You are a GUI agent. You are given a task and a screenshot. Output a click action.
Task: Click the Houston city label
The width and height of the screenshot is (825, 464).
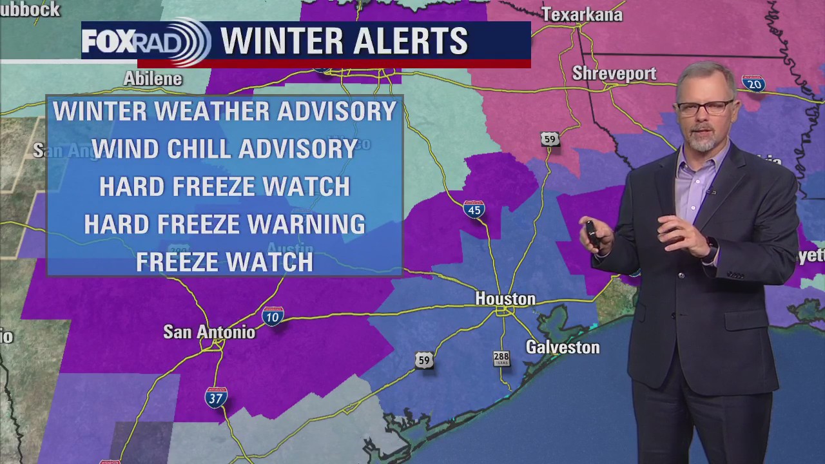pos(505,299)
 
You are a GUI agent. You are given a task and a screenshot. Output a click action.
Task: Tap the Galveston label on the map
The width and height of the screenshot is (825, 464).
pos(563,347)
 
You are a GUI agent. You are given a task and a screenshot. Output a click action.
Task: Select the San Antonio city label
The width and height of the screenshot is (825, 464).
pos(209,332)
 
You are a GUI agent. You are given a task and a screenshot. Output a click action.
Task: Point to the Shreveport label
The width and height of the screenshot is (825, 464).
pos(614,73)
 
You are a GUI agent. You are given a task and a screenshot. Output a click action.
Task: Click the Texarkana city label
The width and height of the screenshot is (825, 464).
pos(582,15)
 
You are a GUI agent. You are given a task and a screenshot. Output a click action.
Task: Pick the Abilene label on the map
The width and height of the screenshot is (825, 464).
pos(153,79)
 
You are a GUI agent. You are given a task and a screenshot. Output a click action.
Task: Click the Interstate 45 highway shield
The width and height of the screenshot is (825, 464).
pos(474,209)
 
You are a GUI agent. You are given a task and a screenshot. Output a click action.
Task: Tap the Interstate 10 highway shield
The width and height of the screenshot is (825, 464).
pos(273,316)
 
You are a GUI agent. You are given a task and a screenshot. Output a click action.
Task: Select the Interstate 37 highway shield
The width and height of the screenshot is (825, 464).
pos(216,397)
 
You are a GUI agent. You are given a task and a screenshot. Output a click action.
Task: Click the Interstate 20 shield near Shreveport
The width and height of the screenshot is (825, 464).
pos(753,82)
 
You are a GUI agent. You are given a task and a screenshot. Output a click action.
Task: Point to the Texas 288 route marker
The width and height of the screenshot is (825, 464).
pos(501,358)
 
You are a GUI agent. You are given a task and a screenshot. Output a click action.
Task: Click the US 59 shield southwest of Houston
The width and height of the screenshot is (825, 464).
pos(423,360)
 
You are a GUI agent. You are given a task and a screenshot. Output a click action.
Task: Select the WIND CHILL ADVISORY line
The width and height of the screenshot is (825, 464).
pos(224,149)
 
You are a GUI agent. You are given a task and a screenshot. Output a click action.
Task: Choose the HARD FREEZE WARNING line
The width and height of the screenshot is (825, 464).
pos(224,224)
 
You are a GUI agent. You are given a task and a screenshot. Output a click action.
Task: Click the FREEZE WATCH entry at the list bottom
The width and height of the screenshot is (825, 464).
pos(224,262)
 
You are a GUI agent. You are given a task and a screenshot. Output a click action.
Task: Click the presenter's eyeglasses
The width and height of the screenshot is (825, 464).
pos(705,108)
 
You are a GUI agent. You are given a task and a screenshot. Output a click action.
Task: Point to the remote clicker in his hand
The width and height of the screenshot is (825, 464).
pos(592,233)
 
